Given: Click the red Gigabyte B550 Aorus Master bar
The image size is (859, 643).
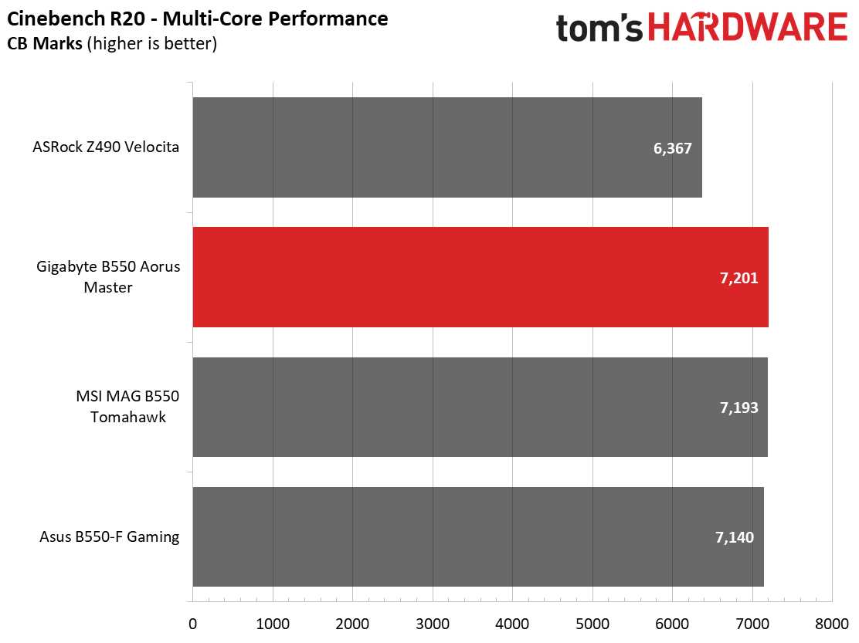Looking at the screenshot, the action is [x=480, y=277].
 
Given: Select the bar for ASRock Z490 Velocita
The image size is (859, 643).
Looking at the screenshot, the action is [x=447, y=147].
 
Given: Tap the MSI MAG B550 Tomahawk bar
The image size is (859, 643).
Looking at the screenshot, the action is [x=480, y=407].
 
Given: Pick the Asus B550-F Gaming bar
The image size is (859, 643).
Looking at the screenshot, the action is [x=478, y=536].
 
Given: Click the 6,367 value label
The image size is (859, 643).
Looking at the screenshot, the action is [x=672, y=148].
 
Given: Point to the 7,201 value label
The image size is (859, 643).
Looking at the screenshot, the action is [x=739, y=278].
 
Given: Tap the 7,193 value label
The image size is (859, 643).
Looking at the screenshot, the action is [x=739, y=408].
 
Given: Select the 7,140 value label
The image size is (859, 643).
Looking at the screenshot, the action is [x=735, y=537].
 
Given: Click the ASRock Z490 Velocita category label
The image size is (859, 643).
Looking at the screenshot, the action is [x=106, y=147].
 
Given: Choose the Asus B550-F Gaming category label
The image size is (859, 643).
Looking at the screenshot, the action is [x=110, y=536].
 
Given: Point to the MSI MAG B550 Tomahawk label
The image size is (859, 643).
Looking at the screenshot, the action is [x=127, y=407].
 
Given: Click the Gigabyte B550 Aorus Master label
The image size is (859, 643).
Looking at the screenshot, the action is [x=108, y=277].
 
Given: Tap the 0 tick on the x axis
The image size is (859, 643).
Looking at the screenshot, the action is [x=193, y=624].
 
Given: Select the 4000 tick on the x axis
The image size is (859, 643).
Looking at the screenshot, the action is [x=513, y=624].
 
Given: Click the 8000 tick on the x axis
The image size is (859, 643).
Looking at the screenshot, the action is [x=832, y=624].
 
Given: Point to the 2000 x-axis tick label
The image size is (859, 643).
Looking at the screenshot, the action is [x=353, y=624].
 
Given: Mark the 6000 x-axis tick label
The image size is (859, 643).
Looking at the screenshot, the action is [x=672, y=624].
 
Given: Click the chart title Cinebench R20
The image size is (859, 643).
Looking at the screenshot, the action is [x=76, y=19].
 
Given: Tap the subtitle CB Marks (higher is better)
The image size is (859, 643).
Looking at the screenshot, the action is [x=112, y=43].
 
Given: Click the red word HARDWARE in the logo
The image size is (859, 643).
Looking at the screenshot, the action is [x=749, y=27].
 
